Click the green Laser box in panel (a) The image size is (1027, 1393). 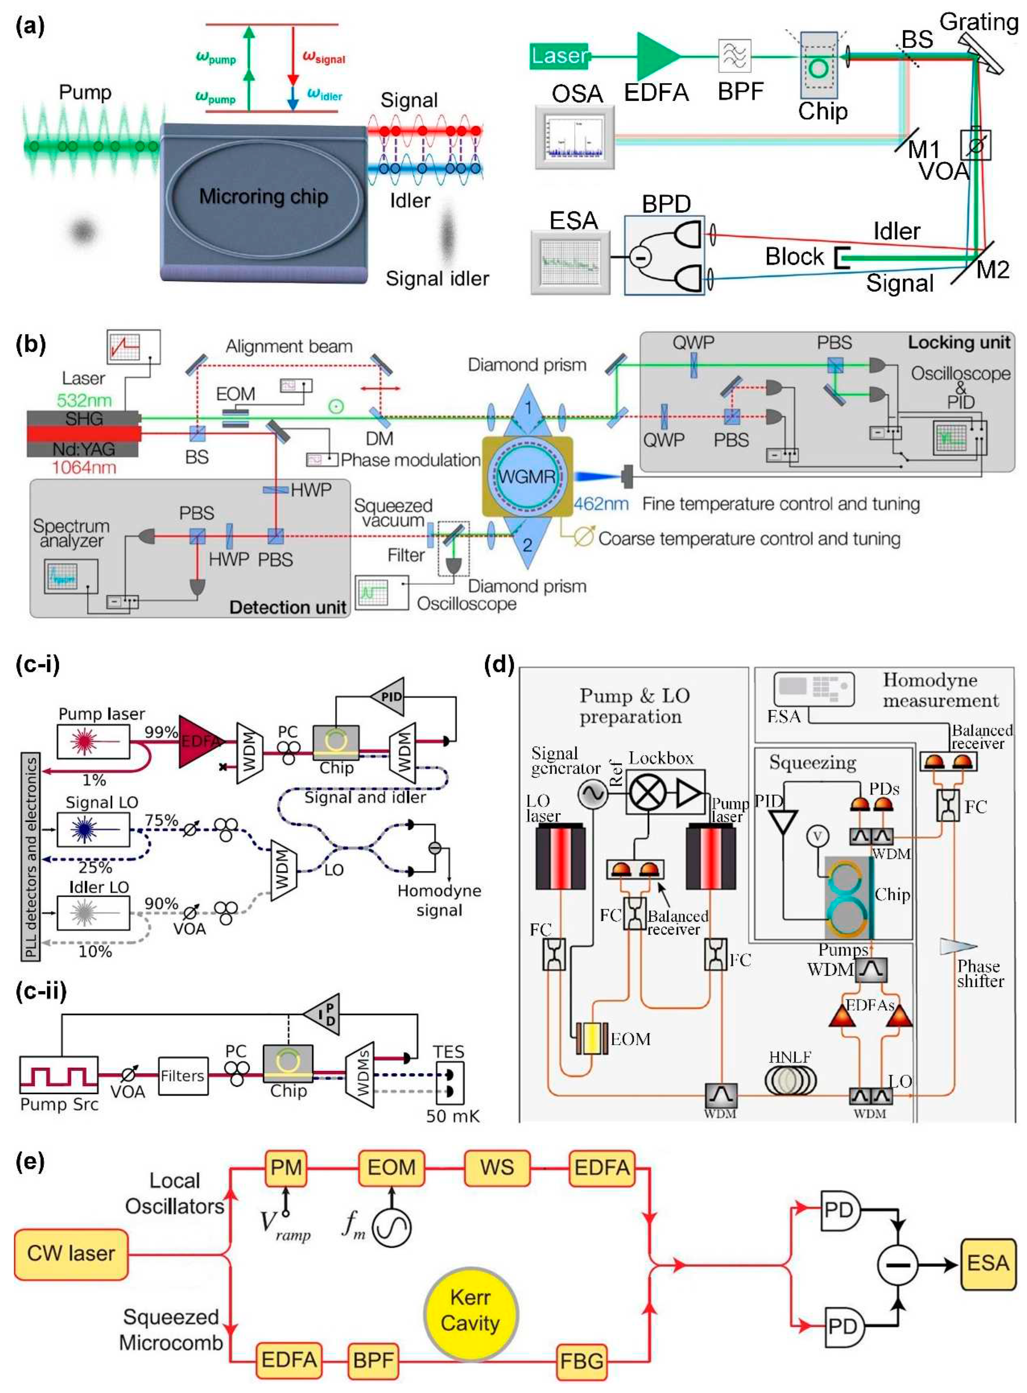point(559,56)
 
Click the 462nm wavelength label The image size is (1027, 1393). point(601,503)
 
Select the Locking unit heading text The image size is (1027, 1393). point(959,342)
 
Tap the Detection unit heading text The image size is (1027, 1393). point(287,607)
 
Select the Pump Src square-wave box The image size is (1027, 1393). point(58,1074)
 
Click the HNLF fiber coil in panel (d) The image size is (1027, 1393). point(790,1080)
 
